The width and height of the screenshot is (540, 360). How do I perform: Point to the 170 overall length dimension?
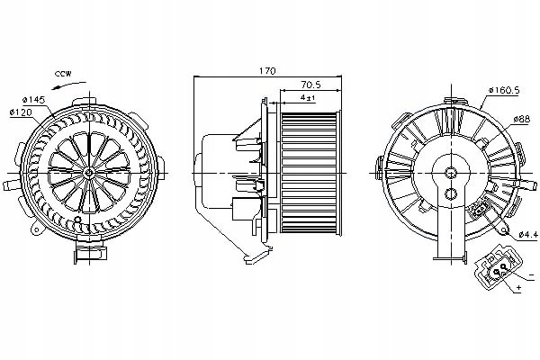coord(266,70)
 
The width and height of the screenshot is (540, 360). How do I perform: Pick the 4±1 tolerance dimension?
coord(308,98)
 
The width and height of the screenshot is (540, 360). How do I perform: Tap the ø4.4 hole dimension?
coord(525,238)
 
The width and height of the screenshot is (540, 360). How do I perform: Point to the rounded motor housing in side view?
coord(216,171)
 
